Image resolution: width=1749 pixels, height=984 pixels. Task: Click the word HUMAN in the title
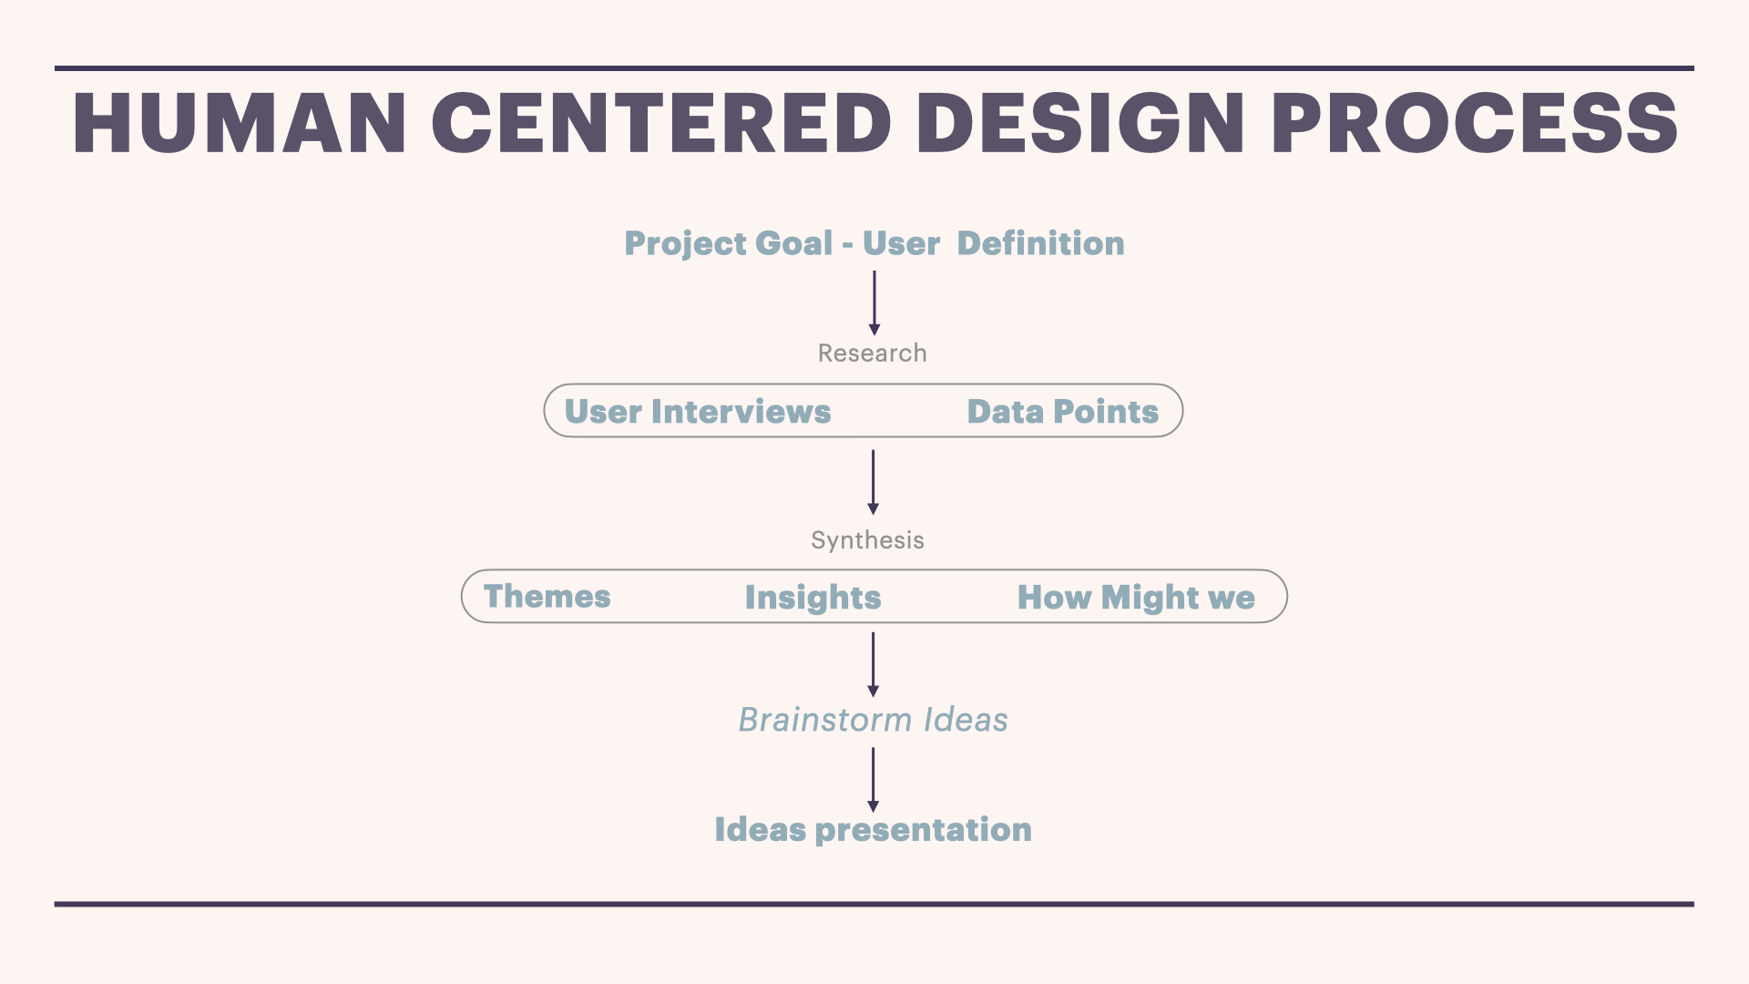click(x=240, y=123)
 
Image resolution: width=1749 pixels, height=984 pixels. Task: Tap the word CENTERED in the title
click(x=661, y=123)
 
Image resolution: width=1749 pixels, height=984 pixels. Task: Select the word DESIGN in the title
click(x=1080, y=123)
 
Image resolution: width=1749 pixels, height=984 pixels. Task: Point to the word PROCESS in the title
click(x=1474, y=123)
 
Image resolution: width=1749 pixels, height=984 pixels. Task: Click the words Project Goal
click(x=729, y=244)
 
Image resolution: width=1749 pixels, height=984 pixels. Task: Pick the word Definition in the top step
click(x=1040, y=243)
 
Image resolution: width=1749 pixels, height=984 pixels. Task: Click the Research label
click(x=872, y=353)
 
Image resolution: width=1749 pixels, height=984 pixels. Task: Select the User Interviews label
click(x=698, y=412)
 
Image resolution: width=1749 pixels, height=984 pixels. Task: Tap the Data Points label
click(x=1062, y=412)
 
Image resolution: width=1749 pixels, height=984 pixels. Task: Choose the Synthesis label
click(x=867, y=540)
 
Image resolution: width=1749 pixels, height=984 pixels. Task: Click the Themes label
click(x=547, y=597)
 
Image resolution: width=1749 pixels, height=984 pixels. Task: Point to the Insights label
click(x=813, y=599)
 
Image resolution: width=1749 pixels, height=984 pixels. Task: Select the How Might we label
click(x=1136, y=599)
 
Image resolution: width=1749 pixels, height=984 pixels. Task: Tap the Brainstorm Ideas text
click(x=873, y=720)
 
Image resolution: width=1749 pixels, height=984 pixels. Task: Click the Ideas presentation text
click(x=873, y=830)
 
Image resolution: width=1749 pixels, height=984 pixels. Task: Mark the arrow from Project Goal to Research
click(x=874, y=303)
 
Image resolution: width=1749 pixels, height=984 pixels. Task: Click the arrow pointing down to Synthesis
click(x=873, y=482)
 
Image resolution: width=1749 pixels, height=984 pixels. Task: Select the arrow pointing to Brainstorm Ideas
click(x=873, y=665)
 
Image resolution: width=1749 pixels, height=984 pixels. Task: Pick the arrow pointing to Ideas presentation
click(x=873, y=780)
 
